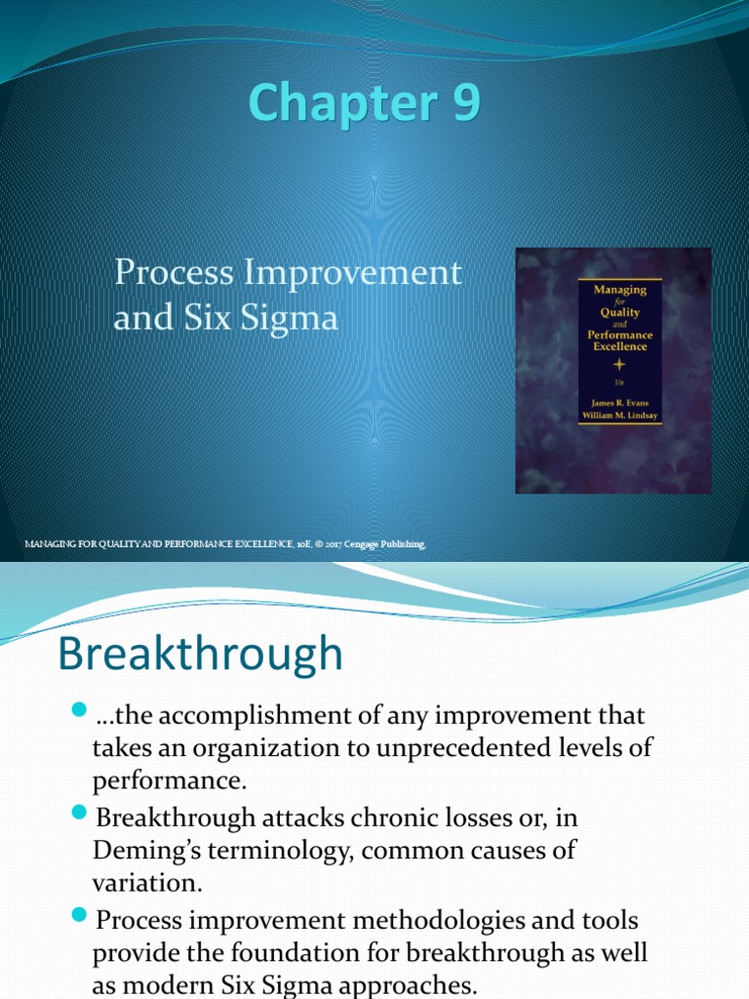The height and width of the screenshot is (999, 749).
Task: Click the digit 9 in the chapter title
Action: pos(465,101)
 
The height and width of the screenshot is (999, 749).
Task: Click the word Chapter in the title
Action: pos(342,103)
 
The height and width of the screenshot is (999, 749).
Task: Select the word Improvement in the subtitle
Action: pos(353,274)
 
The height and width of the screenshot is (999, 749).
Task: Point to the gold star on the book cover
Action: pos(618,365)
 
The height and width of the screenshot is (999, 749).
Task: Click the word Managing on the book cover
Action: pos(619,291)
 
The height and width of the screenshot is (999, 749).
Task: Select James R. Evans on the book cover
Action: pos(619,403)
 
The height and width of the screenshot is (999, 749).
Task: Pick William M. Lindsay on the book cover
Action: pos(619,416)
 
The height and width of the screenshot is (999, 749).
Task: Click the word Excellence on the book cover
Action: pos(619,346)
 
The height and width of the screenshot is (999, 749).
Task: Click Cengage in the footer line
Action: pos(361,544)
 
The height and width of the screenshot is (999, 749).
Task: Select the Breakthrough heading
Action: pos(201,654)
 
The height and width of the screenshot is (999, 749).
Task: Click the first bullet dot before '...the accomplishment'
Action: pos(79,710)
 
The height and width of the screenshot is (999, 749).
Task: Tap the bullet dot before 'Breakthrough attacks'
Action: pos(79,813)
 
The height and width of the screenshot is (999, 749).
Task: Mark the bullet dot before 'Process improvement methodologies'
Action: pos(79,915)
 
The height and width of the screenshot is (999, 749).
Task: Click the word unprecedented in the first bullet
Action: pos(464,748)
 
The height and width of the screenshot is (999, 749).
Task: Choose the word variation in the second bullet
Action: pos(147,884)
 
